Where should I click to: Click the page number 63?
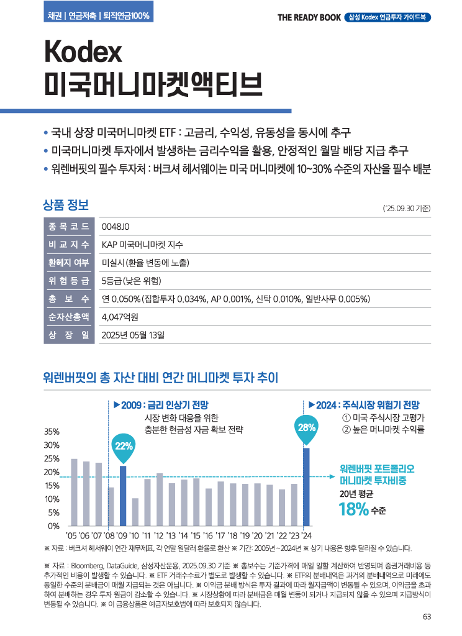tap(427, 617)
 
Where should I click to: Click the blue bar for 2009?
tap(123, 496)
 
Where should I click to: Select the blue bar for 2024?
tap(306, 486)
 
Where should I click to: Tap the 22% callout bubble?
tap(124, 445)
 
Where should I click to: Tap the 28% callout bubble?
tap(307, 427)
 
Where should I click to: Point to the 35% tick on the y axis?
tap(52, 432)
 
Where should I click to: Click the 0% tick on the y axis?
tap(54, 526)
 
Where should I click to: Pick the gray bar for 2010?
tap(135, 512)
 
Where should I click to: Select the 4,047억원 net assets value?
tap(120, 317)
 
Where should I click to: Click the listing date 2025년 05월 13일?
tap(133, 335)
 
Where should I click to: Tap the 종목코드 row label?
tap(68, 226)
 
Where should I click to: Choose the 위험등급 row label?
tap(68, 281)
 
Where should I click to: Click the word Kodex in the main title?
tap(83, 53)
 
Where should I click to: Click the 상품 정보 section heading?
tap(66, 204)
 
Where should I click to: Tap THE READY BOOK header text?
tap(309, 17)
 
